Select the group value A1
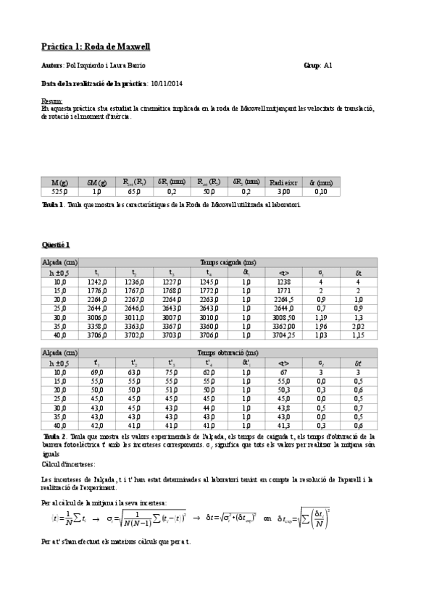(327, 65)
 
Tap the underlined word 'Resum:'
(51, 101)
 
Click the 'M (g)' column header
(59, 182)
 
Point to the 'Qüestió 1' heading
(56, 246)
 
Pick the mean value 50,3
(283, 390)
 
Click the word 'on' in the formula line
(267, 518)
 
